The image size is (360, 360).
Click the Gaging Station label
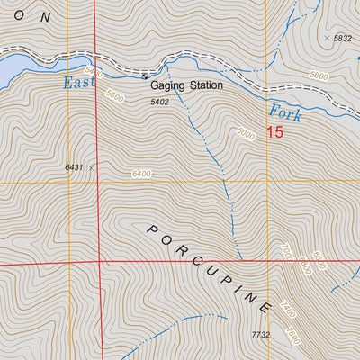(186, 86)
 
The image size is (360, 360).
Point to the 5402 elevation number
(159, 102)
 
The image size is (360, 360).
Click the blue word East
(78, 83)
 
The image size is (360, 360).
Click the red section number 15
(274, 133)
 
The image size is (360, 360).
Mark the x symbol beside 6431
(91, 166)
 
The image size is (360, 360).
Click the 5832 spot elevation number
(342, 39)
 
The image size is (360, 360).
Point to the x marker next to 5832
(326, 38)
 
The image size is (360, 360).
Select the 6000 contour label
(245, 133)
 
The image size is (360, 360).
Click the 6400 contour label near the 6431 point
(141, 174)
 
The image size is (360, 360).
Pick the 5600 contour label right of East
(114, 94)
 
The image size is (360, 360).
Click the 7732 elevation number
(260, 334)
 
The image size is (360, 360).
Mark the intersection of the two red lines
(97, 262)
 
